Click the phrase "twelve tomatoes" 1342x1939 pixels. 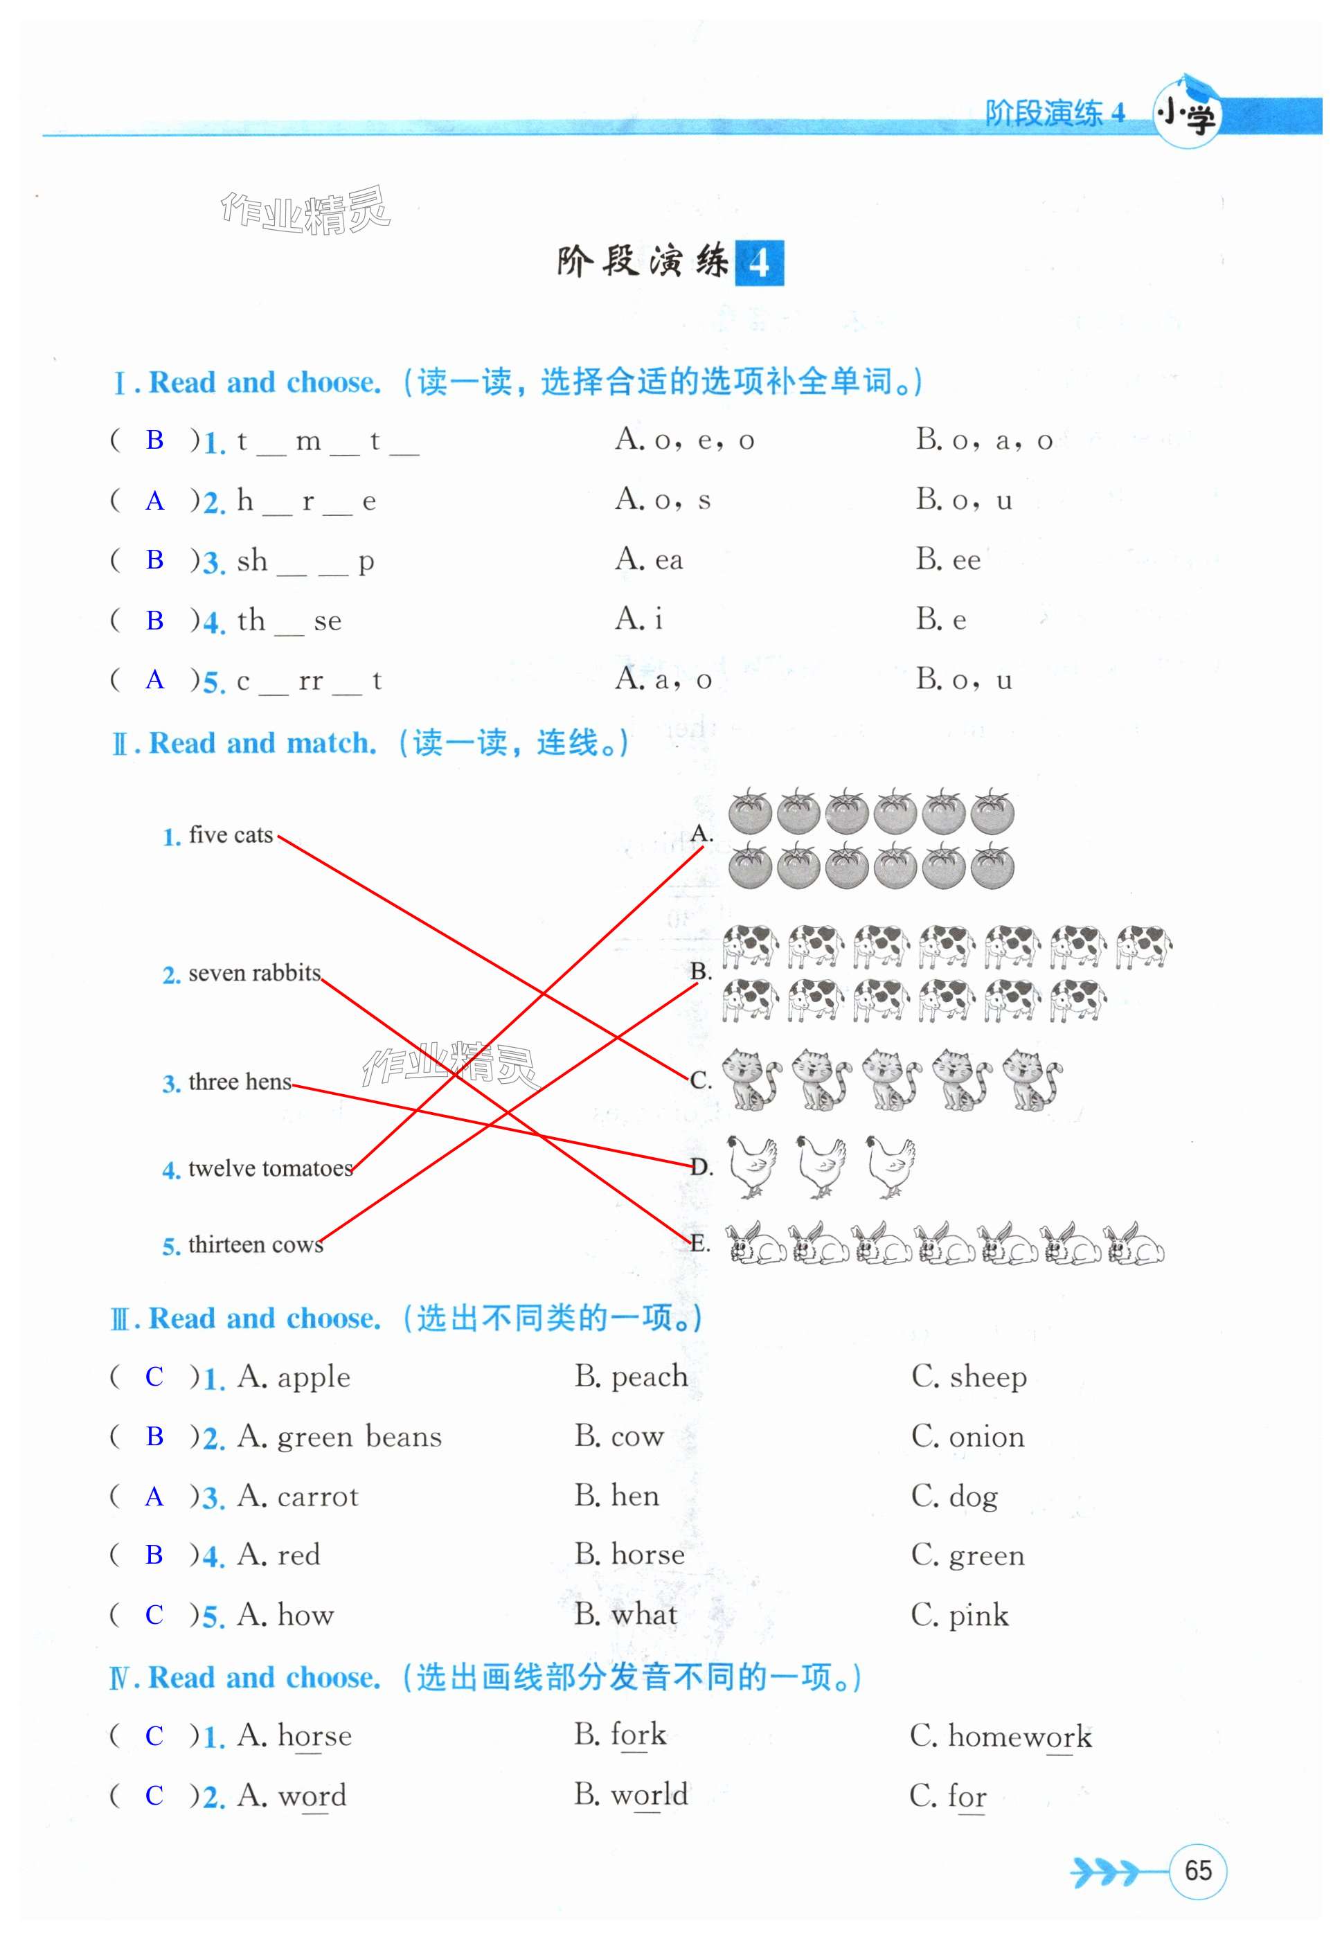[x=270, y=1168]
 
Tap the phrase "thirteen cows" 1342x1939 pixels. [x=256, y=1244]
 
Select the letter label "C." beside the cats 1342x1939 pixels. [x=701, y=1080]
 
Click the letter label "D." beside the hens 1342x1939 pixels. [x=701, y=1166]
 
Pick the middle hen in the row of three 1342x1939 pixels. [x=821, y=1166]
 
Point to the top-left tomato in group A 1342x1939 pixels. [x=749, y=812]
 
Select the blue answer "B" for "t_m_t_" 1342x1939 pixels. [x=154, y=439]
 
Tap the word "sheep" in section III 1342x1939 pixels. [x=987, y=1377]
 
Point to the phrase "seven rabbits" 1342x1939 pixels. [x=254, y=973]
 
